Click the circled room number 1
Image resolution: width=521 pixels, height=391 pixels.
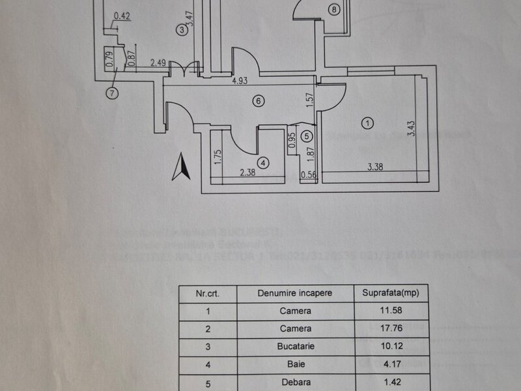click(368, 123)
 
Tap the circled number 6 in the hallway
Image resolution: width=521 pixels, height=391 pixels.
click(259, 101)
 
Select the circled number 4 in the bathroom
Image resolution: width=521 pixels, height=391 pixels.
click(262, 162)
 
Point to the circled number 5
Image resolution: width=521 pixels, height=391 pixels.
click(307, 136)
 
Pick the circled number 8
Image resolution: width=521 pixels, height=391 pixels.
click(334, 9)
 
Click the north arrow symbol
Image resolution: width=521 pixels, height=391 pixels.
click(180, 167)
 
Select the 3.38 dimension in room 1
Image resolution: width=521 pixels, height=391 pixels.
click(374, 167)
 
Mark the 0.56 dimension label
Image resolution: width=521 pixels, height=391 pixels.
click(308, 174)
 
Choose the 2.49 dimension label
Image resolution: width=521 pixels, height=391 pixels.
click(158, 63)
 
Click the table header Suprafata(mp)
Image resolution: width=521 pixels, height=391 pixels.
click(390, 293)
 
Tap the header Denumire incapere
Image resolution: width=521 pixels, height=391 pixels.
click(295, 293)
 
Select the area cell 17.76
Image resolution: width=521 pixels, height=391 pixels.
click(390, 328)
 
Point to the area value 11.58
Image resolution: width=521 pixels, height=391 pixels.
click(390, 311)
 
